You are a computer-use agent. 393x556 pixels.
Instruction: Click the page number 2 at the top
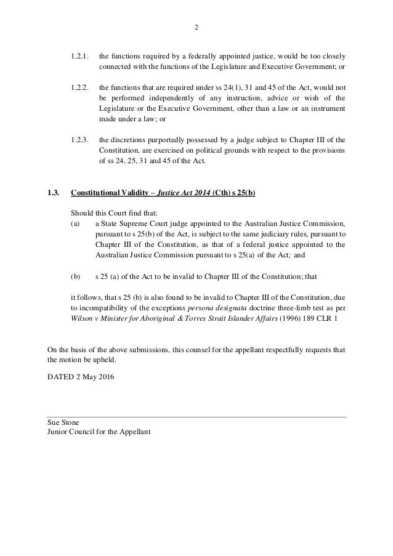197,27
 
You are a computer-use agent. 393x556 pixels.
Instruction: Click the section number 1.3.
54,193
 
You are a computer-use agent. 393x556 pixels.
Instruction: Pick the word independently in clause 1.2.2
161,98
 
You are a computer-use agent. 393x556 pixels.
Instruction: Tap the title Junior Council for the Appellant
99,432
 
